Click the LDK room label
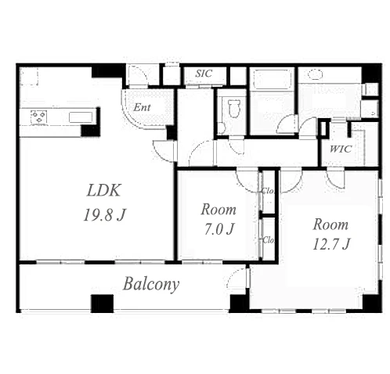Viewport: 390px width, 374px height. [103, 190]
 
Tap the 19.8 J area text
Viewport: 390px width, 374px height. [104, 215]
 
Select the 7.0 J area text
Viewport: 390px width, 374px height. [218, 229]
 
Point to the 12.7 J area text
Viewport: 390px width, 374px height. [331, 244]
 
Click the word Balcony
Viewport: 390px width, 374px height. [151, 284]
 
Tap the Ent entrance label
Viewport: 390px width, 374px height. [142, 107]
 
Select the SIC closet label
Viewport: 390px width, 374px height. [204, 74]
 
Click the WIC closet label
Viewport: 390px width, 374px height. [341, 149]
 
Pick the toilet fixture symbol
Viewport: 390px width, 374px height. [233, 108]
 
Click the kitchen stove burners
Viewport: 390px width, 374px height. [38, 117]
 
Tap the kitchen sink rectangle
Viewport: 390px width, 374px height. [81, 117]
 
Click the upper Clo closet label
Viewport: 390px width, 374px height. [268, 191]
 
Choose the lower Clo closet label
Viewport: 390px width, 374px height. [269, 240]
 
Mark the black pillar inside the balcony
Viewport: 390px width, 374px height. [102, 304]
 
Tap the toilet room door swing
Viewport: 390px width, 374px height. [237, 148]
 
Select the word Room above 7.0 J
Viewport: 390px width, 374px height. [218, 210]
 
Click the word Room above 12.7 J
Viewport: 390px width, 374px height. [330, 225]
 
